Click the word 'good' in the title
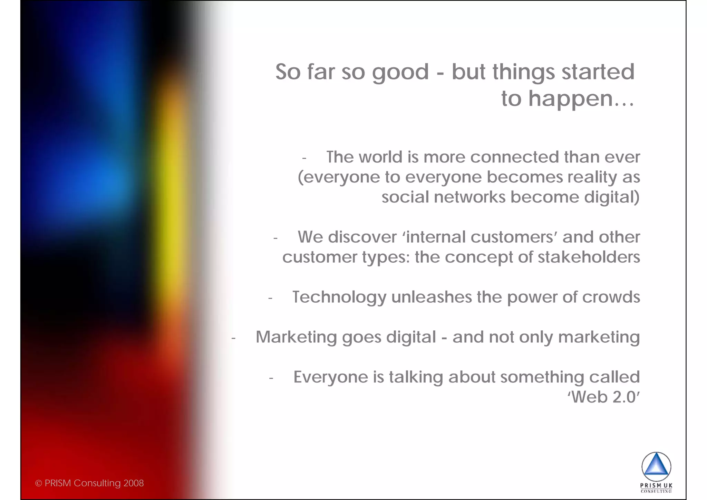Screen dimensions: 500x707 pos(400,73)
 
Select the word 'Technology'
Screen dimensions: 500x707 pos(339,297)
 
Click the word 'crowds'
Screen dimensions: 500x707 pos(611,297)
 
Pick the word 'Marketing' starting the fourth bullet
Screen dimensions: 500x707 pos(296,337)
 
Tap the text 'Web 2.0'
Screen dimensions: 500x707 pos(604,397)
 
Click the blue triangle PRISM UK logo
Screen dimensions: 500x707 pos(656,466)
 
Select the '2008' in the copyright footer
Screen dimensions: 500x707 pos(134,483)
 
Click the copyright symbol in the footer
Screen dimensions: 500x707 pos(38,483)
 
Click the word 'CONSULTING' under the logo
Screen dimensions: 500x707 pos(656,491)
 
